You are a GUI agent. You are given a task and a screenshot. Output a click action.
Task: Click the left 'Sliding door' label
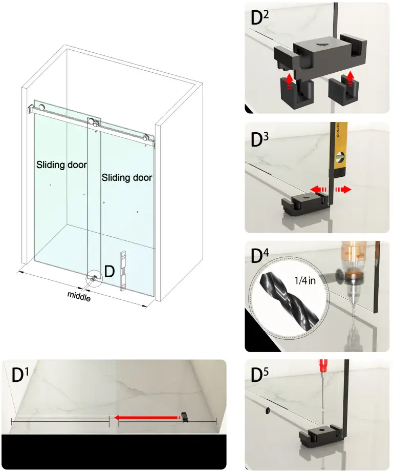[x=61, y=165]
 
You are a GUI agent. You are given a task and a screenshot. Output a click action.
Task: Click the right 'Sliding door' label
[x=126, y=178]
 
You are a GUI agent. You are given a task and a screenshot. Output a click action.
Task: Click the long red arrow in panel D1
[x=146, y=418]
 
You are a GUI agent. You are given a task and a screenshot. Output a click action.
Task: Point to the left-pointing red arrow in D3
[x=320, y=189]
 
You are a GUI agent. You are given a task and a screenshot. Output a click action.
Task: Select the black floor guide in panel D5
[x=320, y=437]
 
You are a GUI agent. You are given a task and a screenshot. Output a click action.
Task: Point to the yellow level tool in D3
[x=338, y=154]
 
